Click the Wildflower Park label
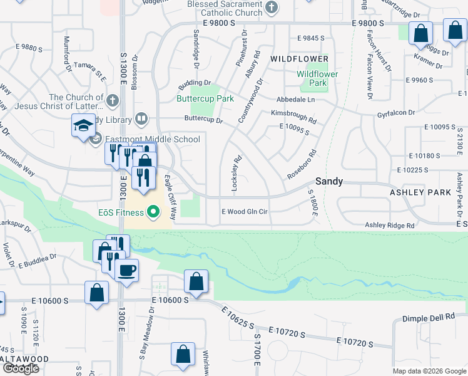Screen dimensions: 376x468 317,78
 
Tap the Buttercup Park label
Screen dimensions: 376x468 205,98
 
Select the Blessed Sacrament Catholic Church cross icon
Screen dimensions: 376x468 271,8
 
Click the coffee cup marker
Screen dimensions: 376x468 127,271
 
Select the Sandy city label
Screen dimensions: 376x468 328,181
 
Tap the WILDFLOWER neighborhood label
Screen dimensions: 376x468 299,59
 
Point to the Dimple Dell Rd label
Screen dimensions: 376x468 428,318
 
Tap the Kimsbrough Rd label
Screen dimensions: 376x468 293,113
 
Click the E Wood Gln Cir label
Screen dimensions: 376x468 245,212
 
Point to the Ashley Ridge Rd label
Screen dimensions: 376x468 390,225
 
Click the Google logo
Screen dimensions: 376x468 21,368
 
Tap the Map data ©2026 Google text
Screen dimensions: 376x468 429,371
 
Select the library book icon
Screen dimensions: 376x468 142,119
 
